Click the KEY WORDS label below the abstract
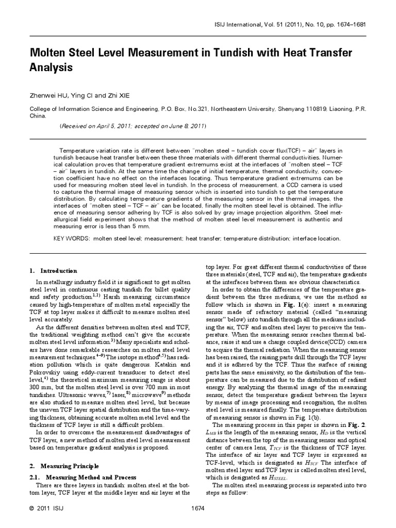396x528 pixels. [72, 239]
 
